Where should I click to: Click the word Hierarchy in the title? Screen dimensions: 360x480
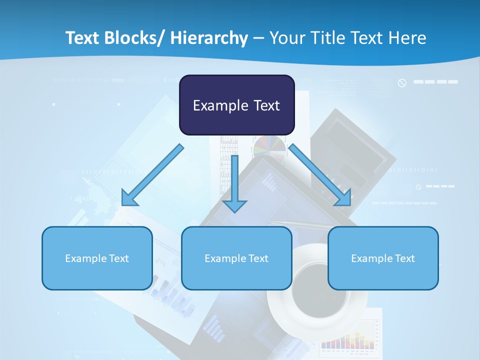[x=209, y=38]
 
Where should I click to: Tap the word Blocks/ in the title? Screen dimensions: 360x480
[x=132, y=38]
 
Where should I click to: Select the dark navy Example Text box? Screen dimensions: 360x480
[x=236, y=105]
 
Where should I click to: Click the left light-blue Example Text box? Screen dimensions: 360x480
[x=97, y=258]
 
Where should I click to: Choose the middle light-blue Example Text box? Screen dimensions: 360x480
[x=236, y=258]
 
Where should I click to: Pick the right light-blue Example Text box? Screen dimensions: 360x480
[x=383, y=258]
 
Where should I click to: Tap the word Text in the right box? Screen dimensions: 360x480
[x=404, y=258]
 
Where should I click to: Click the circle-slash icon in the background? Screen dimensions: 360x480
[x=402, y=83]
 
